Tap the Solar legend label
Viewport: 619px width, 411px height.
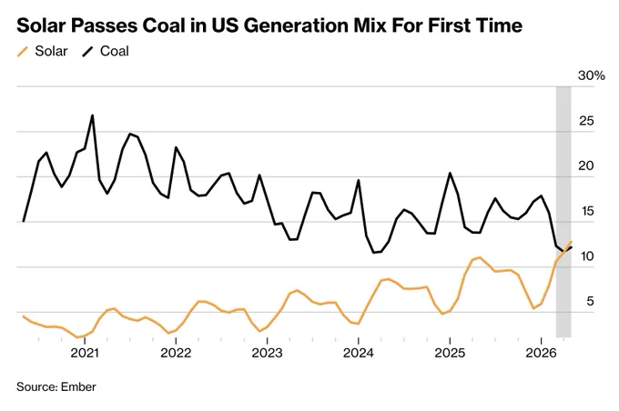click(51, 51)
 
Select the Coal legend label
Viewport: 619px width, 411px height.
click(115, 51)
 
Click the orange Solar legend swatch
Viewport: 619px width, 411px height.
click(23, 52)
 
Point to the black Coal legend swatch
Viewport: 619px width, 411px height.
click(87, 52)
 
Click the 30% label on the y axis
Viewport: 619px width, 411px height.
click(592, 75)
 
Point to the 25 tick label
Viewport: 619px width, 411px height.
click(586, 121)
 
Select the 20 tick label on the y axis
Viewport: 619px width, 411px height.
click(586, 165)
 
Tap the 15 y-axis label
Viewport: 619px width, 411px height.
click(587, 211)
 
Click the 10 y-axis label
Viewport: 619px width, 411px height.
click(587, 256)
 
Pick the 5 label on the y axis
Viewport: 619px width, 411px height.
click(590, 301)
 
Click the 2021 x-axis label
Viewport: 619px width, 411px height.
click(85, 353)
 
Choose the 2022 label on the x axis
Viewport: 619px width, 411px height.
click(176, 353)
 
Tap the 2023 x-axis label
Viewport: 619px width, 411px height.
click(268, 353)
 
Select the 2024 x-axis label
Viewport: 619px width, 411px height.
click(358, 353)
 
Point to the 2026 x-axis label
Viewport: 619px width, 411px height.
click(541, 353)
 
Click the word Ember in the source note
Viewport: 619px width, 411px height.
click(78, 387)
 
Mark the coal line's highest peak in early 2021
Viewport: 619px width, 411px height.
click(92, 115)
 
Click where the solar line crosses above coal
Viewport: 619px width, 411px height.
click(566, 249)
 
